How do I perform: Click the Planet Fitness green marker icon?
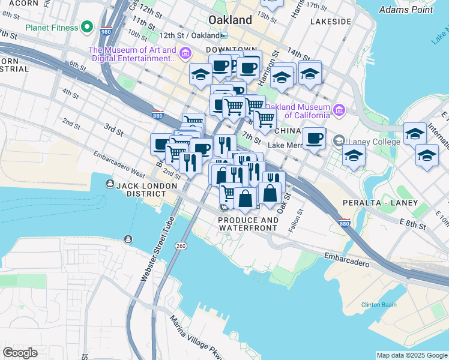87,28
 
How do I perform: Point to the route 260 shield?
180,246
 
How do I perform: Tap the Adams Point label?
406,10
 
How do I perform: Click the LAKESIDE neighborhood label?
331,22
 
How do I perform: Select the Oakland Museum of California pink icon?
339,110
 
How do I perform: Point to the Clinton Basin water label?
379,305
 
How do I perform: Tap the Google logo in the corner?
20,353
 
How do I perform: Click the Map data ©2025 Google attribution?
412,355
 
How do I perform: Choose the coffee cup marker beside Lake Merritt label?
314,139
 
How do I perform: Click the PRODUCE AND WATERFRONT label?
248,224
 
